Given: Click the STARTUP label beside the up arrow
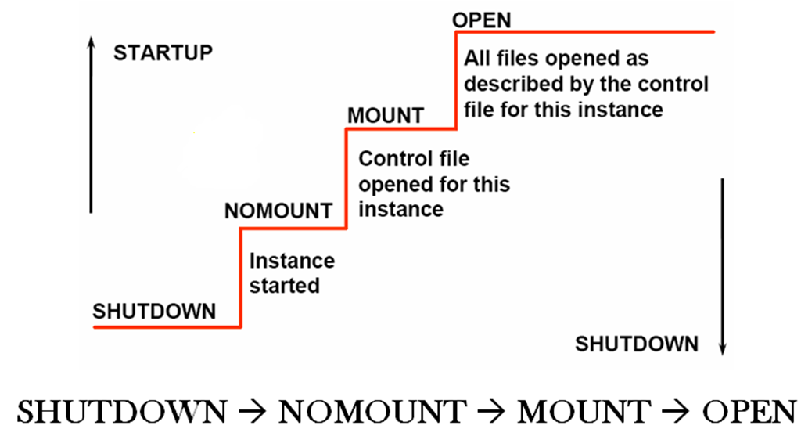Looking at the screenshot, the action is coord(163,53).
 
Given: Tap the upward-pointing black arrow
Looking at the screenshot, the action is coord(92,125).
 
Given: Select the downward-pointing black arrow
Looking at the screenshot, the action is coord(723,266).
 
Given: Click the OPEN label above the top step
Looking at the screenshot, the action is coord(482,20).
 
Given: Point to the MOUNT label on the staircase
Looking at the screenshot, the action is coord(385,116).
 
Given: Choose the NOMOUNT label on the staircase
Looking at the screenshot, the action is coord(278,211).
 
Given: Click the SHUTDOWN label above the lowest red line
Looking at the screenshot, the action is coord(154,311).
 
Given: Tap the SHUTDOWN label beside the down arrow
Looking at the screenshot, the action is coord(637,344).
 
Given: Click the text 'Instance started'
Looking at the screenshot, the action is coord(291,273).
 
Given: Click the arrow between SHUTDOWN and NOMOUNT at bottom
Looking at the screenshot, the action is coord(250,410).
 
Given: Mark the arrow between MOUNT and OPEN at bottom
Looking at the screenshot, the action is coord(673,410).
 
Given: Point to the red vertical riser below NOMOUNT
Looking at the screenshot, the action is coord(240,278).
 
